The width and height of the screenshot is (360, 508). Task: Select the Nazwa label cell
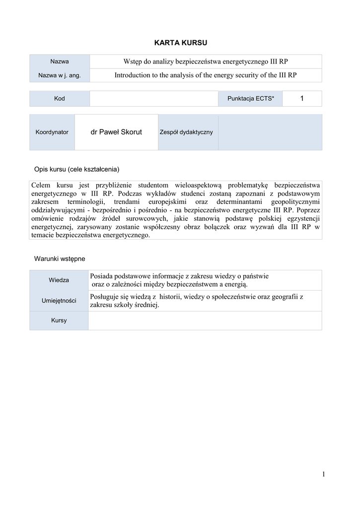pos(60,62)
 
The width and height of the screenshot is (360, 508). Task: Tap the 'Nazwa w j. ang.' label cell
pos(60,75)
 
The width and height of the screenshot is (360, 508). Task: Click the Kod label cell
pos(60,99)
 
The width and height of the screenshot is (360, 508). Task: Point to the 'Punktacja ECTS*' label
pos(251,99)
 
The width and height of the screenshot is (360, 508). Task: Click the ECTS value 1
pos(301,99)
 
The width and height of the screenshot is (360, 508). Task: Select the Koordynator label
pos(52,132)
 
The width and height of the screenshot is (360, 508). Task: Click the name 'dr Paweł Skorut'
pos(116,132)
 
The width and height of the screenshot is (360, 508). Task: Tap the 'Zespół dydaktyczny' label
pos(186,132)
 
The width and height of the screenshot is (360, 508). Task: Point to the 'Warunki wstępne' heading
pos(60,258)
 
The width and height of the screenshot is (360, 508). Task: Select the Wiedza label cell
pos(59,280)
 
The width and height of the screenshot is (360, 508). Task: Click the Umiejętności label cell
pos(59,300)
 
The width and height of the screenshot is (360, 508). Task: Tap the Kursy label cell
pos(59,320)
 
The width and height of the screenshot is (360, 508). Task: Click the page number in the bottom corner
pos(323,475)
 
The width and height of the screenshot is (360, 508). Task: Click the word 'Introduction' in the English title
pos(133,75)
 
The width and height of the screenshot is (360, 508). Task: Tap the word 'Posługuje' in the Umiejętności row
pos(106,296)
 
